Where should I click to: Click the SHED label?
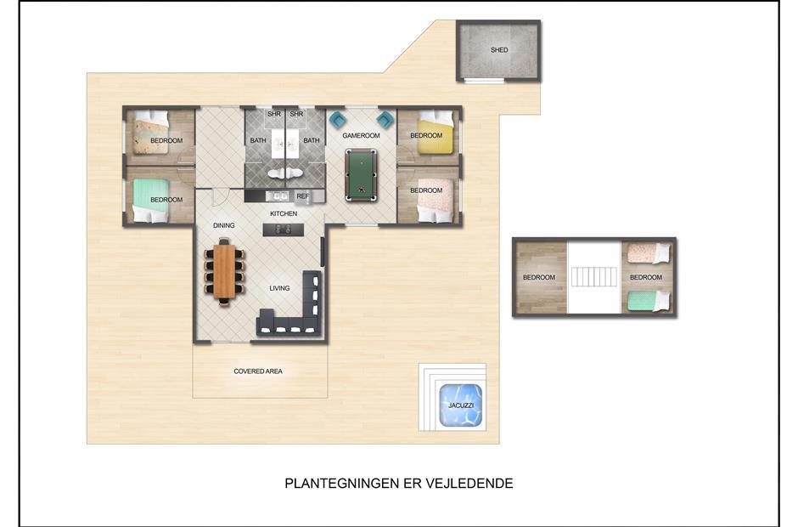pos(499,50)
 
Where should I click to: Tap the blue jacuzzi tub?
pos(460,405)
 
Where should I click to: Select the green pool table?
pos(361,175)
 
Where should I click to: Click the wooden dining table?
pos(224,271)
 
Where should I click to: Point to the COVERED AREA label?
pos(258,371)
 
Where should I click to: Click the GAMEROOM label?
pos(361,135)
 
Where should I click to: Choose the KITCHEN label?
pos(284,213)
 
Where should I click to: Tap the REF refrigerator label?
pos(302,196)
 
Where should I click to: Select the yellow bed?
pos(436,132)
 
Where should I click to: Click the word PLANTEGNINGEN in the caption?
pos(341,483)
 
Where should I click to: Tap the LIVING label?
pos(279,288)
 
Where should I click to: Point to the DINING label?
pos(224,225)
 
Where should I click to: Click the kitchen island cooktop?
pos(284,229)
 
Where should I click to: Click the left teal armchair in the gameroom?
pos(337,120)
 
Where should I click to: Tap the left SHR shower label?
pos(274,114)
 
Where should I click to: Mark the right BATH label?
pos(312,140)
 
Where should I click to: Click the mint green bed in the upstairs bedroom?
pos(649,301)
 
